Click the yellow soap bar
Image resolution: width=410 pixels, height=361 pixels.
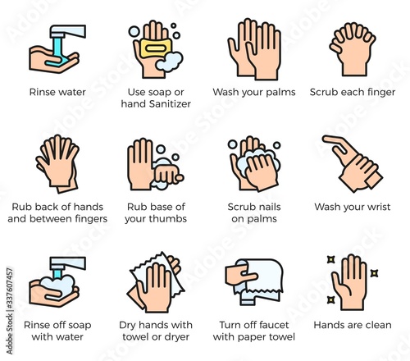pos(156,48)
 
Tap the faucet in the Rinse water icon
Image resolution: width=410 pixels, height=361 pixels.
pos(67,31)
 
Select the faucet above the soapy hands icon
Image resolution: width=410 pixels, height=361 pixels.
pos(67,263)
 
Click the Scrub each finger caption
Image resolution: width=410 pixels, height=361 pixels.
pos(353,92)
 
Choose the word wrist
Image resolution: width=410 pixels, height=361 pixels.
pos(378,207)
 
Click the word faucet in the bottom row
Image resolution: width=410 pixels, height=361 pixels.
pos(274,325)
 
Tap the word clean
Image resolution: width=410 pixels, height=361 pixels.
pos(378,325)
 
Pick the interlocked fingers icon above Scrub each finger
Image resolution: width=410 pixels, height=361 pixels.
pos(353,49)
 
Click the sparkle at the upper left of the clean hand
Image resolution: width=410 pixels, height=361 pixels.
pos(331,259)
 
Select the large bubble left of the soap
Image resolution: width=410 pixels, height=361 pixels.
pos(134,31)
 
